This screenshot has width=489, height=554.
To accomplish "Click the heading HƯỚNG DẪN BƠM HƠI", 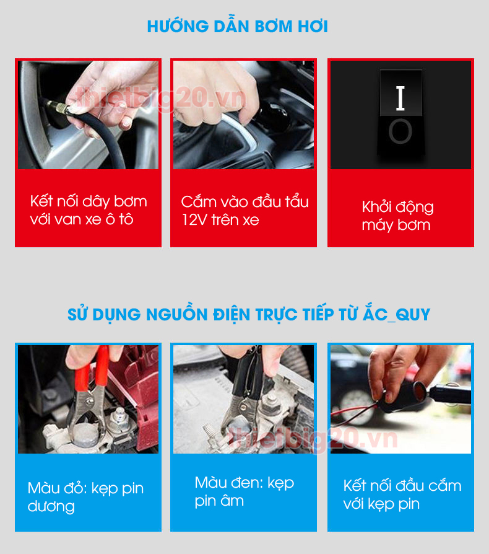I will pos(237,27).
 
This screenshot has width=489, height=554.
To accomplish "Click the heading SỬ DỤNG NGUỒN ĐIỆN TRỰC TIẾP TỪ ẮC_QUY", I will pos(248,314).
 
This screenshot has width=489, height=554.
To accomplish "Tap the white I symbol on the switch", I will pos(400,98).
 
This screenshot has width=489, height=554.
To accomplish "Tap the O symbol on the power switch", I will pos(400,132).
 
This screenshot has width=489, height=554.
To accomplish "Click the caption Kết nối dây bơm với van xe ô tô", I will pos(89,210).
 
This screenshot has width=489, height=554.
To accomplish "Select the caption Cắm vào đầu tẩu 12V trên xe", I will pos(244,211).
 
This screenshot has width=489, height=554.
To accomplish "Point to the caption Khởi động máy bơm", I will pos(397,216).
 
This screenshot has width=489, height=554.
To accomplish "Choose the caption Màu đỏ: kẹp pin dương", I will pos(85,497).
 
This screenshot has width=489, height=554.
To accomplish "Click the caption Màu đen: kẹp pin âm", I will pos(244,491).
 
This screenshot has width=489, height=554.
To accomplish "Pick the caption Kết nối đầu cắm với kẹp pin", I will pos(402,495).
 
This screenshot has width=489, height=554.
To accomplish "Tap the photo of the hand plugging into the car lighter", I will pos(243,115).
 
